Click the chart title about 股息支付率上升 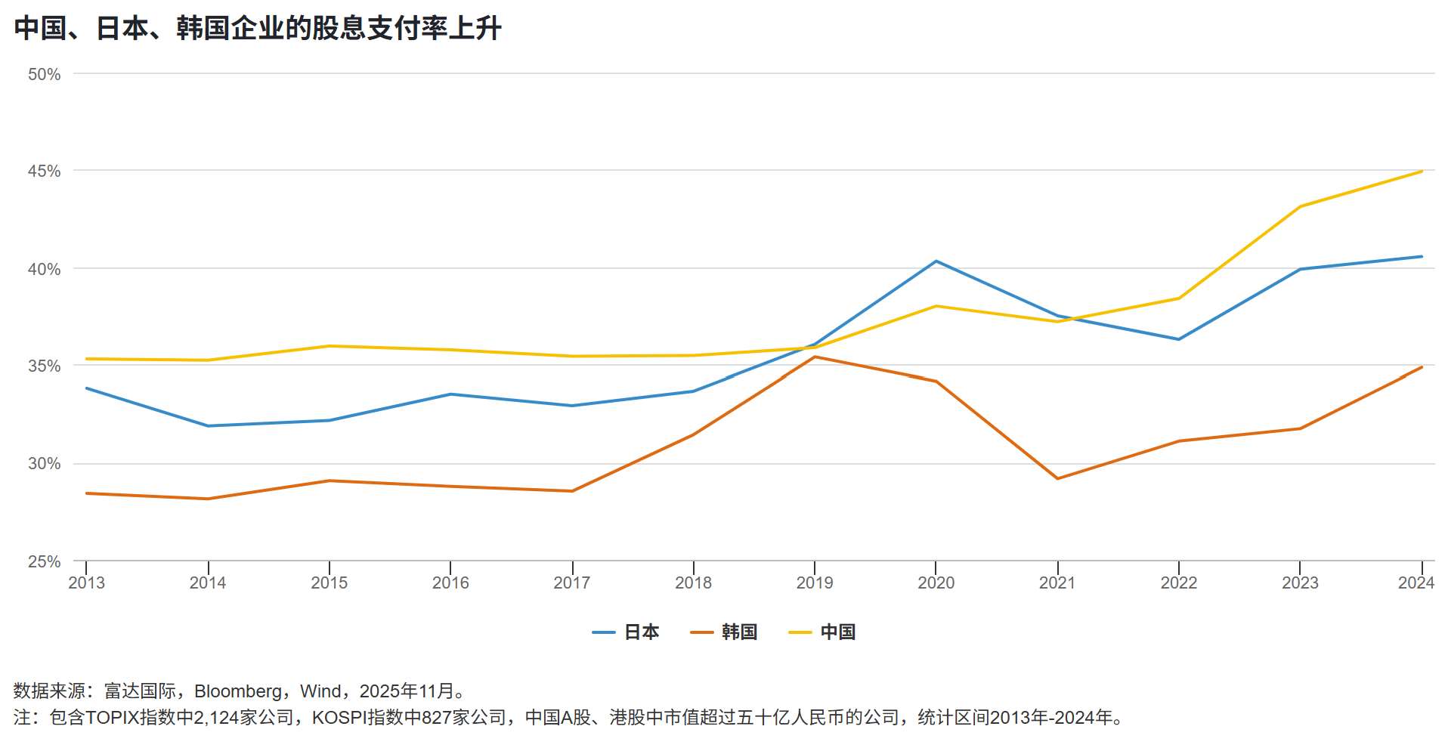coord(258,29)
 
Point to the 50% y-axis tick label coord(44,74)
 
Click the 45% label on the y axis coord(44,172)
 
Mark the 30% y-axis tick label coord(44,464)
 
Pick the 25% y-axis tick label coord(44,561)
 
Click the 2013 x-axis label coord(86,583)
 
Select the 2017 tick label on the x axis coord(571,583)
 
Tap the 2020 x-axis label coord(936,583)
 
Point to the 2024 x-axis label coord(1416,583)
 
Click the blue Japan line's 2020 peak coord(936,261)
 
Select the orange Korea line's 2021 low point coord(1057,478)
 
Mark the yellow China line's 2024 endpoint coord(1422,172)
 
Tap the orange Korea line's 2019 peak coord(815,357)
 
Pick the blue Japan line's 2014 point coord(208,425)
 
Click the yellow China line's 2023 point coord(1300,206)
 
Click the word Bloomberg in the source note coord(238,691)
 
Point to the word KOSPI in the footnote coord(338,717)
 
